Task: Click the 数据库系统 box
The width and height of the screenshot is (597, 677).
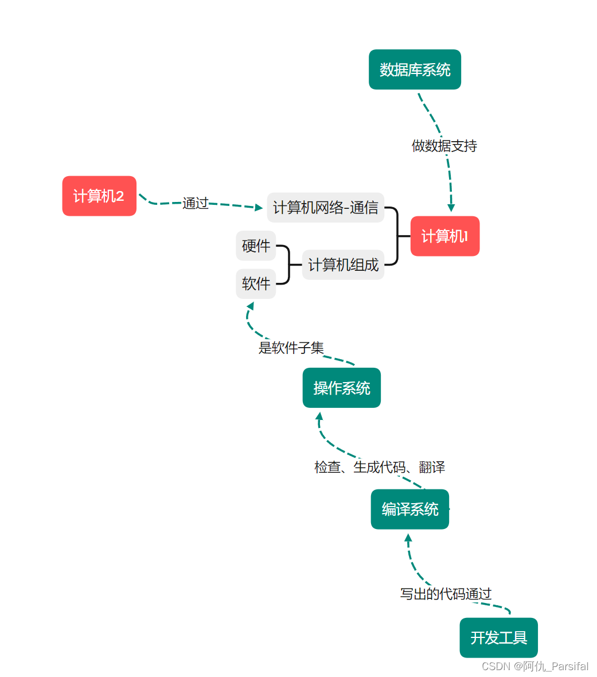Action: [415, 69]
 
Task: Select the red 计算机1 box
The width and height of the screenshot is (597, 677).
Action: [444, 236]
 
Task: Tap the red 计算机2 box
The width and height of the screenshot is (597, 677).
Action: [99, 196]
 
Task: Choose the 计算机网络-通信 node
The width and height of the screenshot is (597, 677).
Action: [325, 208]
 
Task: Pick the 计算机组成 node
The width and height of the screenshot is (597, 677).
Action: [343, 265]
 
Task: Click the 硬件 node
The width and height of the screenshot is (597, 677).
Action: [256, 246]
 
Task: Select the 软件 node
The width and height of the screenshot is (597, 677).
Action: [256, 283]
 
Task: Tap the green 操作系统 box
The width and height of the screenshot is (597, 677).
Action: [341, 388]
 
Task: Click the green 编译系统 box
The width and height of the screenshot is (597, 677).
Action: [409, 509]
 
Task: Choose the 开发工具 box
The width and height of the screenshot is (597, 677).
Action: [498, 637]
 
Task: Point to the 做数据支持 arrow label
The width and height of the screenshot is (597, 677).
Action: [444, 146]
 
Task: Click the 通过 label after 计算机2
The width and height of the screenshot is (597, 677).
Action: [195, 203]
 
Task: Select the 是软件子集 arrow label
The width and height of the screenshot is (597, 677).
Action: [291, 348]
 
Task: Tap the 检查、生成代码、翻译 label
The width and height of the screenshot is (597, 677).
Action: [379, 467]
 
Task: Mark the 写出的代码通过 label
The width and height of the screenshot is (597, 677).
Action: [446, 594]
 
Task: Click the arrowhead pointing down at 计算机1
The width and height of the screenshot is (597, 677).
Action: [451, 208]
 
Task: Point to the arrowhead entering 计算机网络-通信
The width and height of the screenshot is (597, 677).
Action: [258, 207]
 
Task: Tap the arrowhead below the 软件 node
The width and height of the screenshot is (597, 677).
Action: [250, 306]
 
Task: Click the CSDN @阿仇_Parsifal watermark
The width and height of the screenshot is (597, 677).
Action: [534, 666]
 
